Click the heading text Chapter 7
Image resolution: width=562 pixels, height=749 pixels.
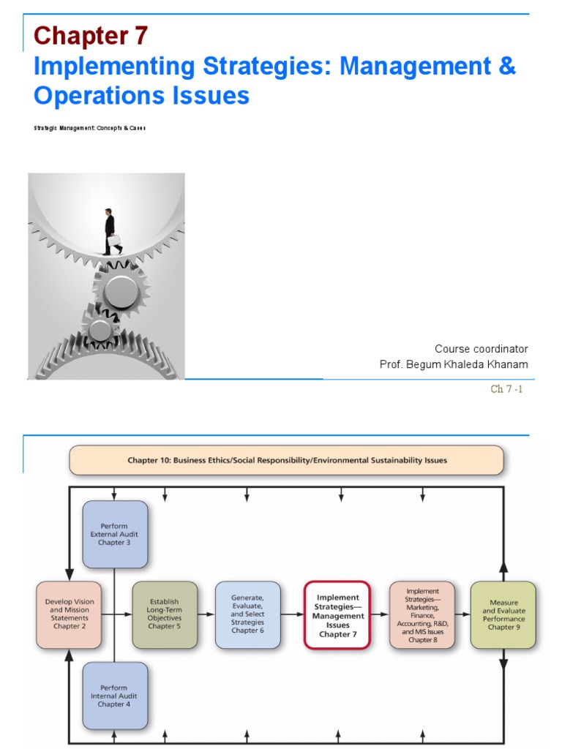click(91, 35)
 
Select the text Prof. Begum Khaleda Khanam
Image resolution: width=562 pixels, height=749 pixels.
click(453, 364)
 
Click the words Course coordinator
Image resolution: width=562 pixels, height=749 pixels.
click(481, 349)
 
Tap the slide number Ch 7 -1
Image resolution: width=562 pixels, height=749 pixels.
click(506, 389)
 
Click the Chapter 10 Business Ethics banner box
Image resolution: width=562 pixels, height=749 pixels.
click(286, 461)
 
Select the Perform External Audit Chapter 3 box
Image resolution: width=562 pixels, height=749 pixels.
click(115, 534)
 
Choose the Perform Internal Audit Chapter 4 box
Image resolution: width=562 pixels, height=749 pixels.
click(115, 696)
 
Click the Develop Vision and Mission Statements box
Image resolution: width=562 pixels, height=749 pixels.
click(69, 614)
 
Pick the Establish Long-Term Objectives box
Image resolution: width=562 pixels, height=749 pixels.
click(165, 614)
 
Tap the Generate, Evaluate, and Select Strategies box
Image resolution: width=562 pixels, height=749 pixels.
click(247, 614)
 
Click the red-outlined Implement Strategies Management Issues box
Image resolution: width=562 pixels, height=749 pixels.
click(337, 614)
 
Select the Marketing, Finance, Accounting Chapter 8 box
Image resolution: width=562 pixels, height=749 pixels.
click(421, 614)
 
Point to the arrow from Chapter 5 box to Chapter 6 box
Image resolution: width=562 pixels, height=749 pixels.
click(206, 614)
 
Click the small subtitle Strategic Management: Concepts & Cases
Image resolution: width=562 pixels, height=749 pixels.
click(89, 128)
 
